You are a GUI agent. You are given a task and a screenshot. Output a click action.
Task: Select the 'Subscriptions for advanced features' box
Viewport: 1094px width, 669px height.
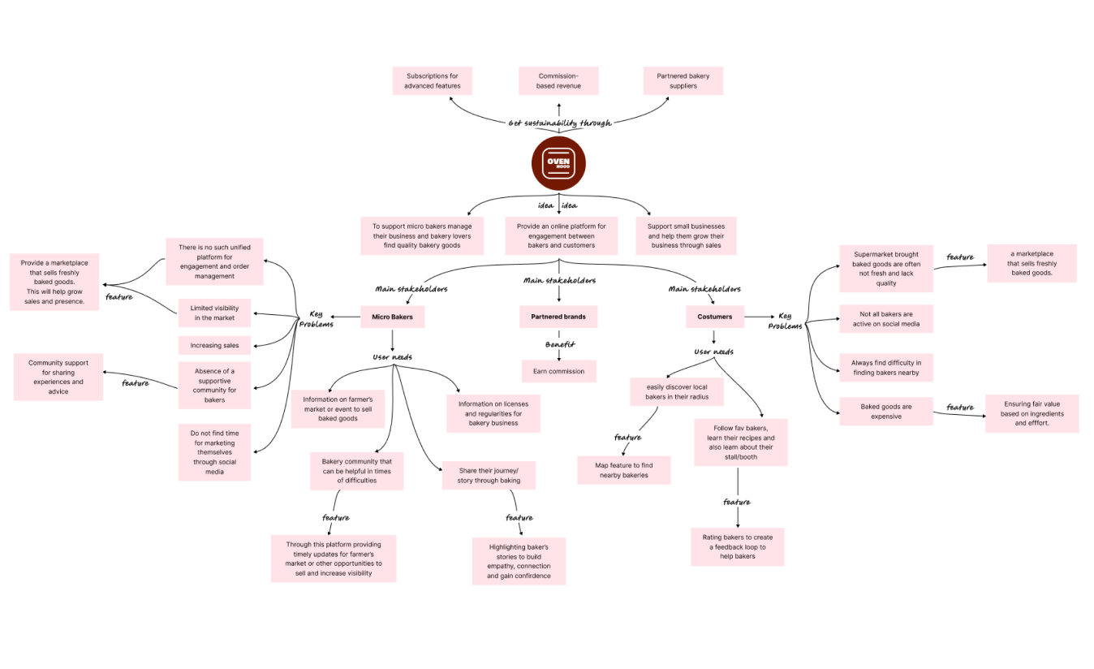coord(433,81)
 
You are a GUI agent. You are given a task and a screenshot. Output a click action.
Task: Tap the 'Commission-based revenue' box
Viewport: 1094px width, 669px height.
coord(558,81)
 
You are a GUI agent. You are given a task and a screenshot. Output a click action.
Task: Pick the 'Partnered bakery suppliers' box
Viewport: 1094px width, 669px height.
coord(683,81)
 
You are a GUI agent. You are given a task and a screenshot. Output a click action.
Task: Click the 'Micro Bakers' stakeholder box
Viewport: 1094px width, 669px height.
coord(392,317)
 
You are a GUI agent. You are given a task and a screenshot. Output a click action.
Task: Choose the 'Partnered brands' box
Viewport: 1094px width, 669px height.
coord(558,317)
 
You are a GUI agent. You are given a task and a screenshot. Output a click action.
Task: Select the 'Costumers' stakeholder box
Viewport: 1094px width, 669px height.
coord(714,317)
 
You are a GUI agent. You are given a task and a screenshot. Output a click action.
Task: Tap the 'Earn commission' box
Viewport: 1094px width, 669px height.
coord(558,371)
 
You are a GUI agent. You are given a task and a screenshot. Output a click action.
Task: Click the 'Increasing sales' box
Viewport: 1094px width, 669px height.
coord(214,345)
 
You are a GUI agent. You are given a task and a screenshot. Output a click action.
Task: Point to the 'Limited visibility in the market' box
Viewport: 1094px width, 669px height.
coord(214,313)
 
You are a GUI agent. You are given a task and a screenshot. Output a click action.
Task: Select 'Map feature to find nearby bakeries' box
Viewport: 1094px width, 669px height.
coord(624,470)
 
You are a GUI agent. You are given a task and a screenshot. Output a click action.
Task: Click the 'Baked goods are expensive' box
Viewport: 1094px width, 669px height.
coord(886,412)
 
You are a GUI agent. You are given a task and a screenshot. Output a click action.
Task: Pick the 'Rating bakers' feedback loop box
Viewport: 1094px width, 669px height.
coord(738,546)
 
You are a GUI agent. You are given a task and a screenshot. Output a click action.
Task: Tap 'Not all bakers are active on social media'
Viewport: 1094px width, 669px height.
coord(886,319)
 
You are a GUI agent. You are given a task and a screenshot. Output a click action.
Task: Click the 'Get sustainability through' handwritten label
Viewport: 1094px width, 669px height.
coord(559,123)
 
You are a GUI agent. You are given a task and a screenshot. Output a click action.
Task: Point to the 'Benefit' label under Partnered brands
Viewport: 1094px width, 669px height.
coord(559,344)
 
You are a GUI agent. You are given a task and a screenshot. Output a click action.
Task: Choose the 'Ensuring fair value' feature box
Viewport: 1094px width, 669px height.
coord(1032,413)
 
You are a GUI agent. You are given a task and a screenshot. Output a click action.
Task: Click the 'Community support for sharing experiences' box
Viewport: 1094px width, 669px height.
coord(58,378)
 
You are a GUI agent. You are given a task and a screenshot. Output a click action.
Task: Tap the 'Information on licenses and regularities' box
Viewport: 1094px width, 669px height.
coord(493,413)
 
